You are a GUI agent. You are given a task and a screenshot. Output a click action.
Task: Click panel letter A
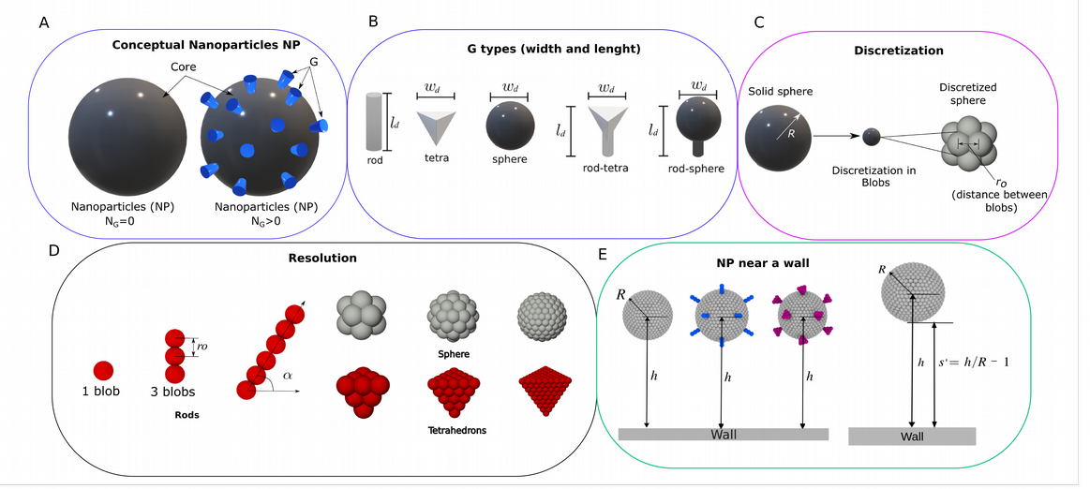click(x=44, y=22)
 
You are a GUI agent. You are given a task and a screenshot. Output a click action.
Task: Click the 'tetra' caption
click(x=437, y=157)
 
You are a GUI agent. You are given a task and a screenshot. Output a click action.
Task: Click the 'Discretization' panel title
click(x=898, y=51)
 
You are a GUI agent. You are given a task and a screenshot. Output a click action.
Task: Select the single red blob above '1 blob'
click(x=103, y=371)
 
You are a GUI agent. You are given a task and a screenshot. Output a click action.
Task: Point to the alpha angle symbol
click(x=288, y=376)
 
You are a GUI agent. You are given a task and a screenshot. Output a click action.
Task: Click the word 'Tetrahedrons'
click(x=456, y=431)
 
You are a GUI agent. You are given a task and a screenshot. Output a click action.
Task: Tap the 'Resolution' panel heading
click(x=322, y=259)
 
